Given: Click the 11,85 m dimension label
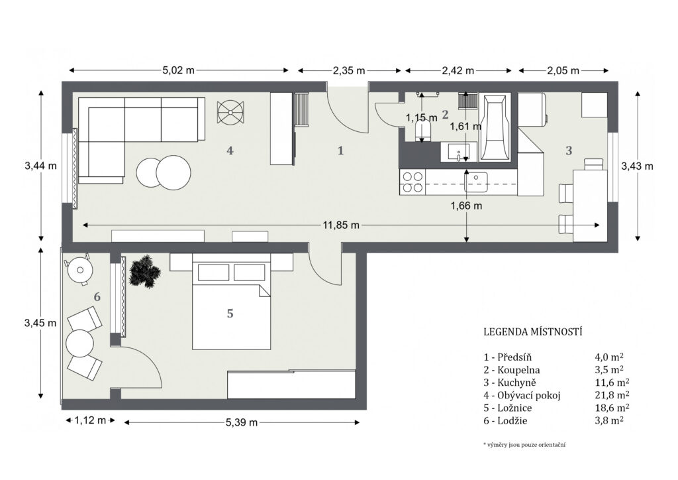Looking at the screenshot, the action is click(x=341, y=225).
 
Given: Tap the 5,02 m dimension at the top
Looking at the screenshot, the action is click(x=179, y=70).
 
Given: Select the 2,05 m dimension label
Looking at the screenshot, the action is click(x=563, y=70).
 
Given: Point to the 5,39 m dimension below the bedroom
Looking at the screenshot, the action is click(x=242, y=422).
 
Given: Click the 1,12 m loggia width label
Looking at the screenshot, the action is click(x=90, y=420).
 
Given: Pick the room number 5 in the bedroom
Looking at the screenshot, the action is click(x=230, y=313).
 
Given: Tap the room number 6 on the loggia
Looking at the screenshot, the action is click(x=97, y=297).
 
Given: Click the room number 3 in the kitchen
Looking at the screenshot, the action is click(x=569, y=150).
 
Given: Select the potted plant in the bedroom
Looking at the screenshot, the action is click(x=144, y=271).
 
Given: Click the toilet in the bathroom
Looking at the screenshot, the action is click(x=423, y=131).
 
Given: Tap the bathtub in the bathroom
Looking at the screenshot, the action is click(x=495, y=128).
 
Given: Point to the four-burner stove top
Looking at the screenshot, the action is click(x=412, y=182).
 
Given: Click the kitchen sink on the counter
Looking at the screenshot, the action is click(x=476, y=182).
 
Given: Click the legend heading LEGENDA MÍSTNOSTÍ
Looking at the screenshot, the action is click(x=533, y=332).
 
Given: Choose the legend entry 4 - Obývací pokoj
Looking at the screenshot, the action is click(x=522, y=395).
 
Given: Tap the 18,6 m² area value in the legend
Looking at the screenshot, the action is click(x=612, y=408).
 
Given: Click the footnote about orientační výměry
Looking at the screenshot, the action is click(x=524, y=444).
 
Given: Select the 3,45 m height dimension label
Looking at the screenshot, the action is click(x=40, y=323).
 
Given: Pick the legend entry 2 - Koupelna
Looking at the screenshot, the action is click(x=512, y=370).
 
